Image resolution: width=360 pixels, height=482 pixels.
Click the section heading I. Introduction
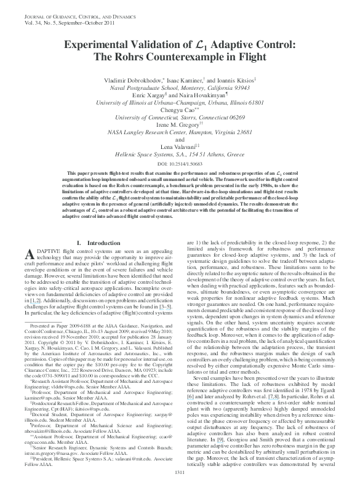(92, 262)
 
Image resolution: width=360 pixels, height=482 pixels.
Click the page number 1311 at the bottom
(180, 472)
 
